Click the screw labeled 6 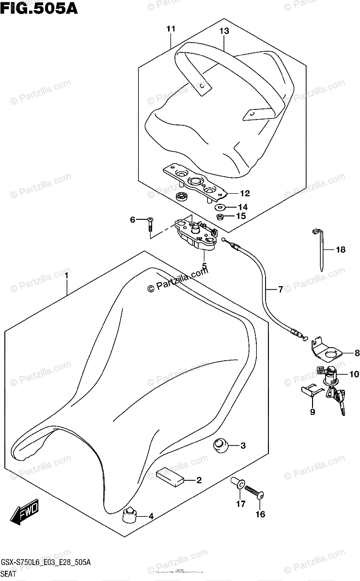click(x=150, y=224)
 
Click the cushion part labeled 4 click(x=129, y=515)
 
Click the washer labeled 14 click(x=222, y=207)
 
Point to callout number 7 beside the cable click(x=280, y=290)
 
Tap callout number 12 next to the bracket click(x=244, y=194)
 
